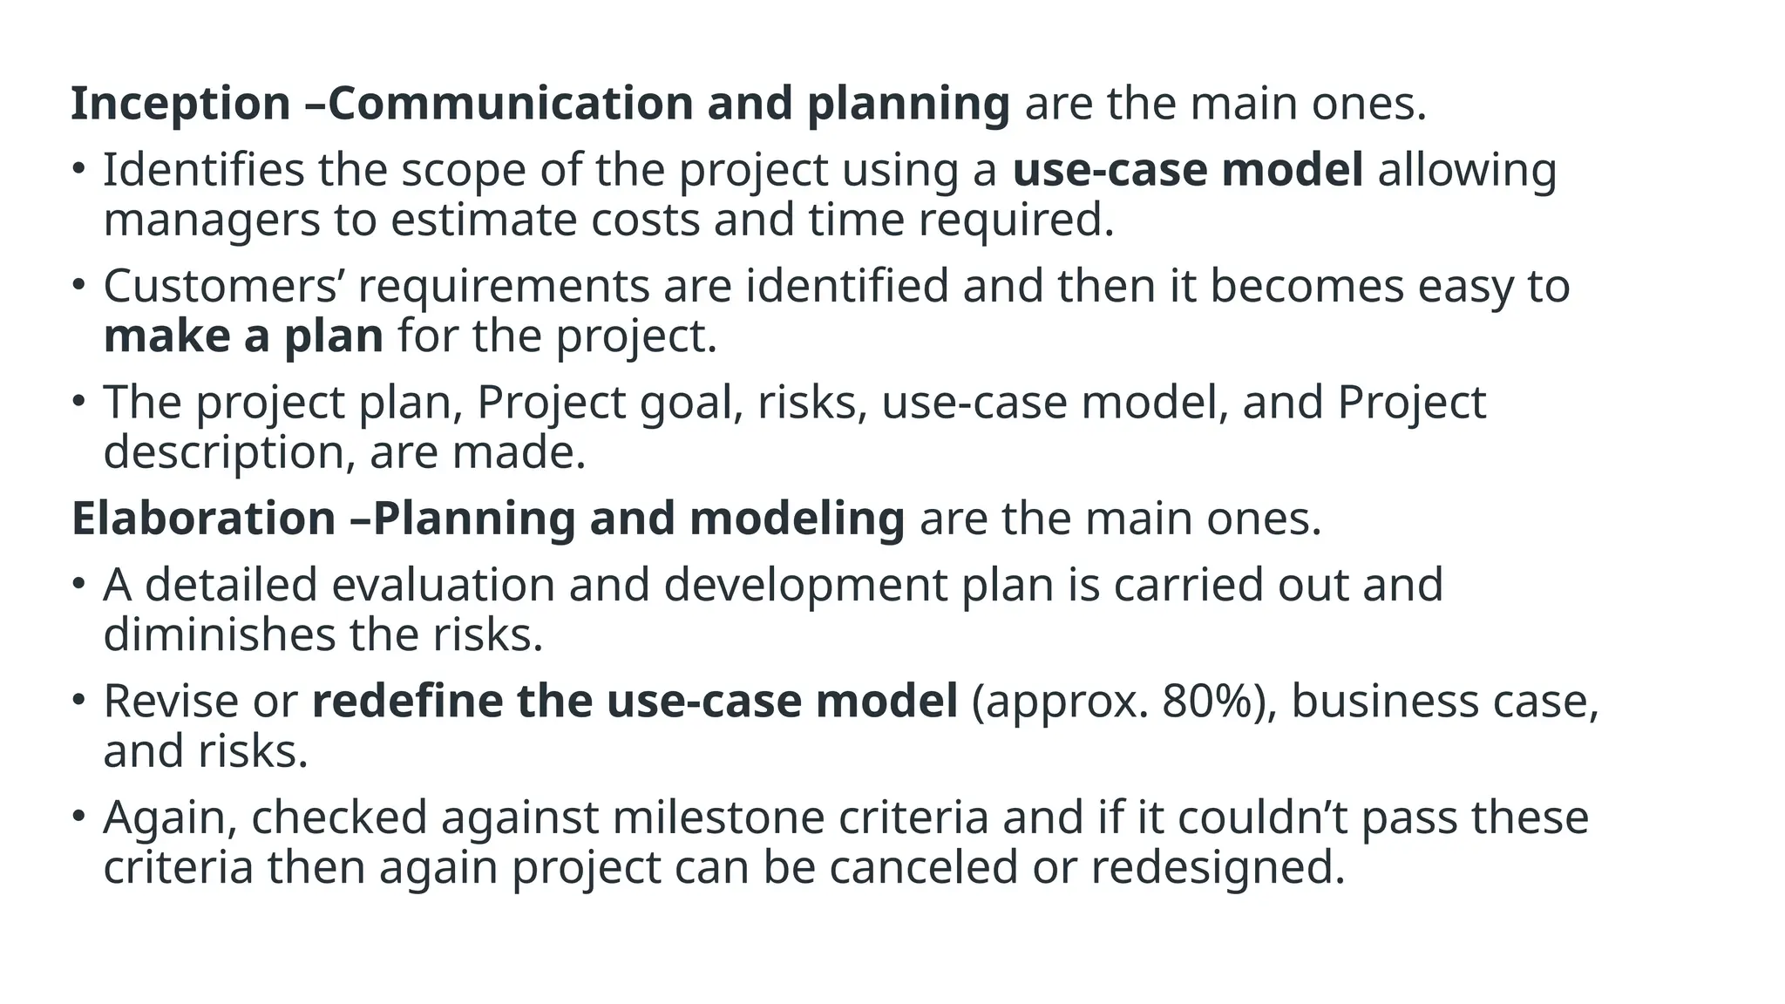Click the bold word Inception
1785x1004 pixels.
[180, 104]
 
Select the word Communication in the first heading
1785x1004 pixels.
[510, 104]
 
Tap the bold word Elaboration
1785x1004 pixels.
[203, 519]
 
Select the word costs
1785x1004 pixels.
[645, 220]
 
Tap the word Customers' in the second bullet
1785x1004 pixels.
[223, 287]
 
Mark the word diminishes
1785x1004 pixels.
[219, 635]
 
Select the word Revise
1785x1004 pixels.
[171, 702]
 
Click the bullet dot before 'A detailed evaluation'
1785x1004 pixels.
[78, 582]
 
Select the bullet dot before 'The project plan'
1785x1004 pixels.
[78, 400]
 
